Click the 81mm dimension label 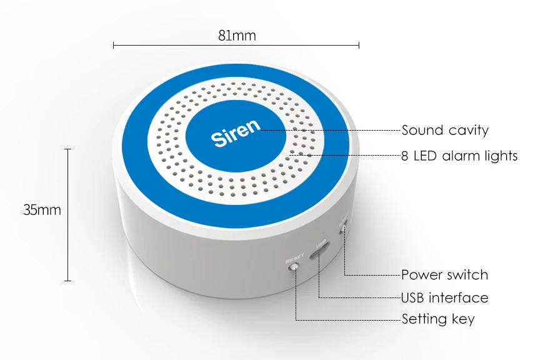coord(237,36)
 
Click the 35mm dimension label coord(42,210)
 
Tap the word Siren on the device coord(236,132)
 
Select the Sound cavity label coord(444,130)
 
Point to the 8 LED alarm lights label coord(459,156)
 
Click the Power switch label coord(444,275)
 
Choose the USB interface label coord(444,297)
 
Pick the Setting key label coord(438,319)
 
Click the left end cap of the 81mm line coord(114,45)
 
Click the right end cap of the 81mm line coord(359,45)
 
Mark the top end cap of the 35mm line coord(67,149)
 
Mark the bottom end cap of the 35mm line coord(67,281)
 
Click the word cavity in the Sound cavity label coord(469,130)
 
